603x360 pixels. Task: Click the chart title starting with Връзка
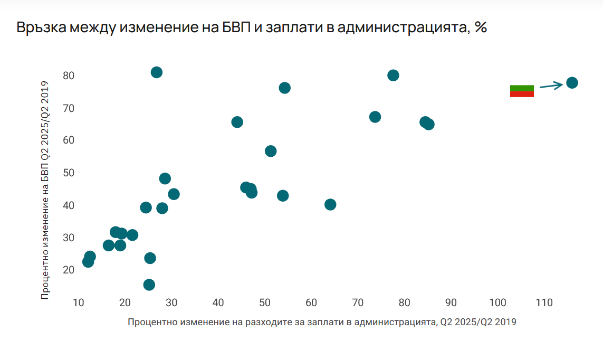[x=251, y=28]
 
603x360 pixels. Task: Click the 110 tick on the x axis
[x=544, y=303]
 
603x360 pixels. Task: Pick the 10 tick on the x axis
[x=78, y=303]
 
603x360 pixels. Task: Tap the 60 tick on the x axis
[x=311, y=303]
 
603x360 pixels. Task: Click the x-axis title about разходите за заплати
[x=322, y=321]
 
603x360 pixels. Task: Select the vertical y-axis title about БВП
[x=45, y=190]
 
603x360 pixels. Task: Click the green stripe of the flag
[x=522, y=88]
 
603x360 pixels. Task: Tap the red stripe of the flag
[x=522, y=94]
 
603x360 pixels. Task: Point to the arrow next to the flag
[x=551, y=86]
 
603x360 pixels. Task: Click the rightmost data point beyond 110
[x=572, y=83]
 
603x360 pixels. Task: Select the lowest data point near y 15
[x=149, y=285]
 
